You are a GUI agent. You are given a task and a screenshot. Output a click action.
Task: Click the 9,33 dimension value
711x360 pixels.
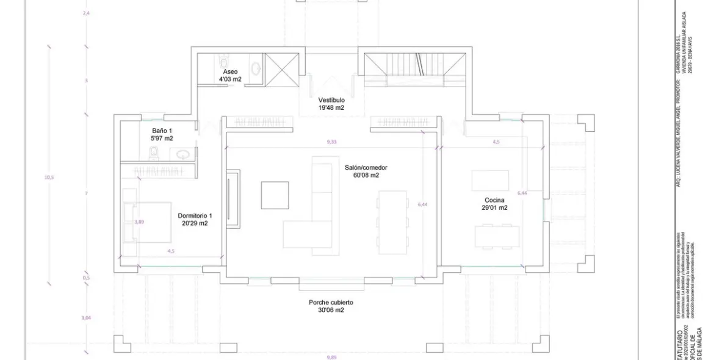coord(331,142)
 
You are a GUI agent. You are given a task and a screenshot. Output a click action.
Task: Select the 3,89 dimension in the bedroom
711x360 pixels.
coord(139,222)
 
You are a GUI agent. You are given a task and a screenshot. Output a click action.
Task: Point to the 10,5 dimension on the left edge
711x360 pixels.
coord(49,178)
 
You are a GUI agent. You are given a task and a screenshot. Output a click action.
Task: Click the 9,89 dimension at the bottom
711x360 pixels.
coord(331,357)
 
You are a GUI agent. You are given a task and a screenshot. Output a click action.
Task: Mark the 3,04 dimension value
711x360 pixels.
coord(86,318)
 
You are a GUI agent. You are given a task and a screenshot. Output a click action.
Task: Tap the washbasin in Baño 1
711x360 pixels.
coord(181,154)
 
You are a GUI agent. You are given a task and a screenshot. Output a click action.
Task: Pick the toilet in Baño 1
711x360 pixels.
coord(155,153)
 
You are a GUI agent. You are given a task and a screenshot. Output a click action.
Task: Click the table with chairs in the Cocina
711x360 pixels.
coord(496,235)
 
